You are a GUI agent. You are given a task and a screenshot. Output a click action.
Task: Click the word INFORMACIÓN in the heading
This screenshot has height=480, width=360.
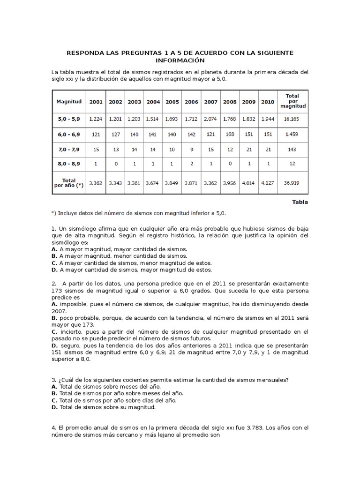pyautogui.click(x=180, y=61)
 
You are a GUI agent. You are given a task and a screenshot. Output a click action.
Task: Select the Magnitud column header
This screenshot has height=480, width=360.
pyautogui.click(x=69, y=102)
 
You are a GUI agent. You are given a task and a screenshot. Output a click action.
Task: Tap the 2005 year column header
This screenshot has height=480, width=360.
pyautogui.click(x=172, y=102)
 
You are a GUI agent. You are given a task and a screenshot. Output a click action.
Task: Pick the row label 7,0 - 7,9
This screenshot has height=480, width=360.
pyautogui.click(x=69, y=150)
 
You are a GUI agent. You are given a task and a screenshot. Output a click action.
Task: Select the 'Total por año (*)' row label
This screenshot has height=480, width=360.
pyautogui.click(x=69, y=182)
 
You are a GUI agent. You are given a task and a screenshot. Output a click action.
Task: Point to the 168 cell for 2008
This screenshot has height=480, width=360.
pyautogui.click(x=230, y=135)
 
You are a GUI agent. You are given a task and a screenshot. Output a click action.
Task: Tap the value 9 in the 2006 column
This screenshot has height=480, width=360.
pyautogui.click(x=191, y=150)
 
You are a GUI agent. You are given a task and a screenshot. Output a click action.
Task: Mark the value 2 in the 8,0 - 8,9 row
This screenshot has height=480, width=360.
pyautogui.click(x=191, y=165)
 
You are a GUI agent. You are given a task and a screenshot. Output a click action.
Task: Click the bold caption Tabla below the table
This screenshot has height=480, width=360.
pyautogui.click(x=300, y=202)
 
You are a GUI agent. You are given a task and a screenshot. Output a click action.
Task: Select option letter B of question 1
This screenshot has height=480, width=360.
pyautogui.click(x=54, y=256)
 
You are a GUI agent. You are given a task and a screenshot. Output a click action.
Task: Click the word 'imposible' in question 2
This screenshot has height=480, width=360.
pyautogui.click(x=74, y=304)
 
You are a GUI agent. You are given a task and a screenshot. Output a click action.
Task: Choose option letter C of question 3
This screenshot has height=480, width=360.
pyautogui.click(x=54, y=400)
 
